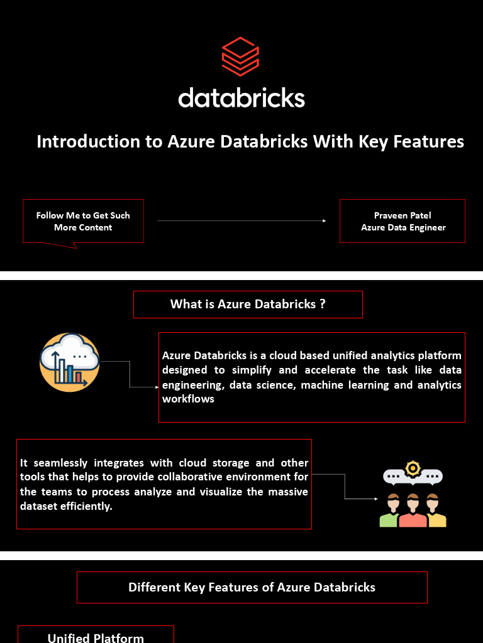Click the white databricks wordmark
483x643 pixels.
coord(241,98)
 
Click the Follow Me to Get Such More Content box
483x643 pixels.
coord(83,221)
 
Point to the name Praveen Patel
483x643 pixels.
coord(402,215)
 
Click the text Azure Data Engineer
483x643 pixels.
coord(403,227)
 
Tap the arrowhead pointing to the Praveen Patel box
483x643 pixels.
coord(324,221)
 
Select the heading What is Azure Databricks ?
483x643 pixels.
coord(248,305)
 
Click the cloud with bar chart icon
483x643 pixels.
coord(70,362)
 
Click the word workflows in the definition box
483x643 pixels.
coord(188,399)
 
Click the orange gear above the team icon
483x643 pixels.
coord(413,468)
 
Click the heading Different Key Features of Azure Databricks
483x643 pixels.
coord(252,588)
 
